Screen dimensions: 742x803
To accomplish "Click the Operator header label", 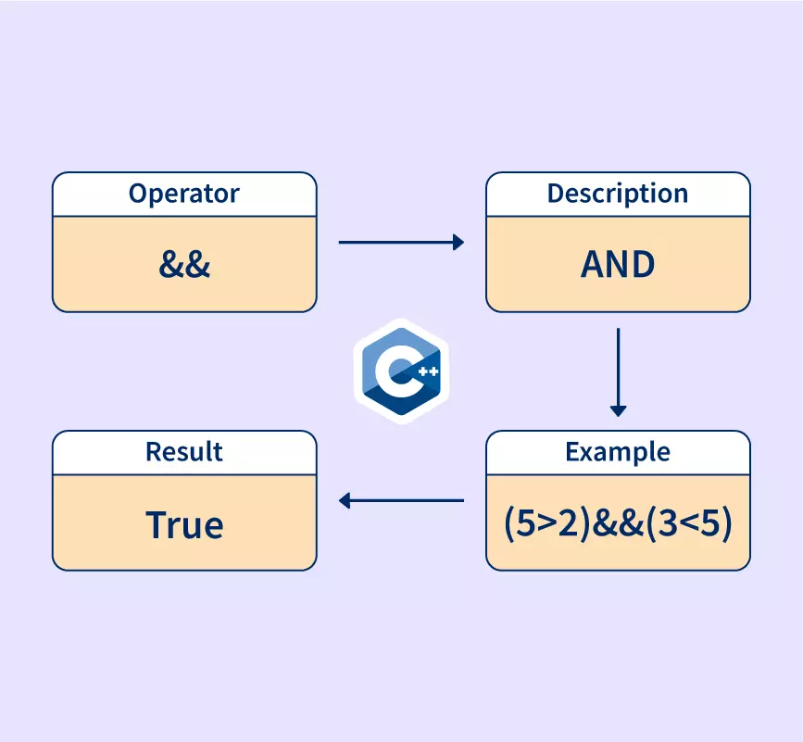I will (184, 194).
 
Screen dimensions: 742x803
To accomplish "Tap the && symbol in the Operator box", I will (184, 265).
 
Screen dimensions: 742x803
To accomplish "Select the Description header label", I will (618, 194).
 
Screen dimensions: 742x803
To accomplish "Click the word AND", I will (618, 265).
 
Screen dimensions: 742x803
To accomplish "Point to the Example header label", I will (618, 452).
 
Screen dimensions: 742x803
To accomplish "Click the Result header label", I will (184, 452).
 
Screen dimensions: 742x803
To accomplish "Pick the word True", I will (184, 524).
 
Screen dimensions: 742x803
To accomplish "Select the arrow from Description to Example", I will (618, 371).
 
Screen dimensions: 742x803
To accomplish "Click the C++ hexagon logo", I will (401, 371).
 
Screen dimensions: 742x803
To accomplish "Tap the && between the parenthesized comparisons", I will (618, 524).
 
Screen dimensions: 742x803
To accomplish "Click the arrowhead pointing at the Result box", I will (345, 501).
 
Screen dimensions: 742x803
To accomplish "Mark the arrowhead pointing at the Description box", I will (458, 243).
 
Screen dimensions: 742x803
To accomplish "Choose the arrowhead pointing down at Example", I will (618, 410).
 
